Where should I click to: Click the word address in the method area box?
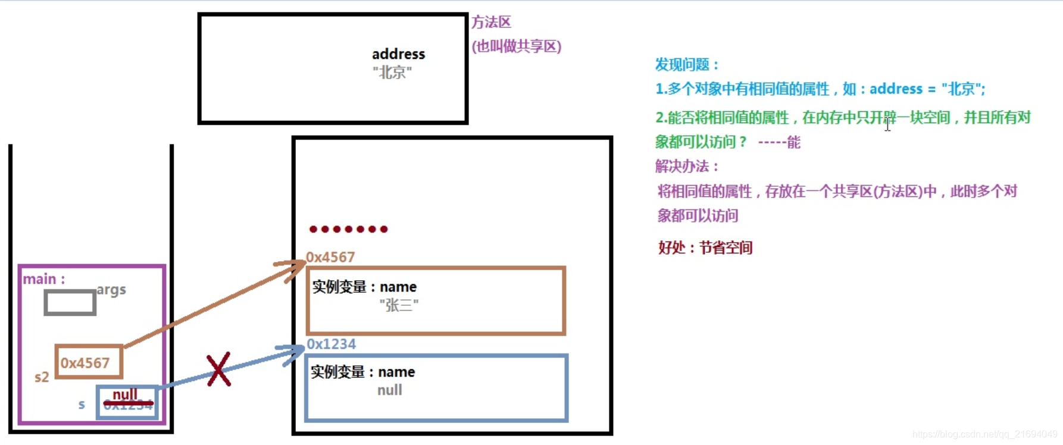pyautogui.click(x=398, y=54)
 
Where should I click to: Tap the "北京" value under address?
pyautogui.click(x=392, y=73)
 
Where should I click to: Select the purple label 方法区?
pyautogui.click(x=491, y=23)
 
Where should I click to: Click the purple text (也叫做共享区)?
pyautogui.click(x=516, y=46)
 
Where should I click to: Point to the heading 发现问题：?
pyautogui.click(x=687, y=64)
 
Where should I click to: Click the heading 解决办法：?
pyautogui.click(x=687, y=166)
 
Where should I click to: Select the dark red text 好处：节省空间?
pyautogui.click(x=705, y=247)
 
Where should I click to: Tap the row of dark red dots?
pyautogui.click(x=348, y=229)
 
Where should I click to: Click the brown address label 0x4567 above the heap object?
pyautogui.click(x=330, y=257)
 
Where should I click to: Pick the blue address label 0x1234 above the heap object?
pyautogui.click(x=331, y=344)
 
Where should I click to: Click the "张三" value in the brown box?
pyautogui.click(x=399, y=305)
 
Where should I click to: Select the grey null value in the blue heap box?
pyautogui.click(x=389, y=390)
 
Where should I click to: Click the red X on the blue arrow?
pyautogui.click(x=218, y=370)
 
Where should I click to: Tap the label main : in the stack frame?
pyautogui.click(x=43, y=279)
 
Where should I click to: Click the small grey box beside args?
pyautogui.click(x=70, y=303)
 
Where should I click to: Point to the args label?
pyautogui.click(x=111, y=290)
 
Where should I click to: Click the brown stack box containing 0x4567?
pyautogui.click(x=89, y=362)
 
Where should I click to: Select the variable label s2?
pyautogui.click(x=42, y=377)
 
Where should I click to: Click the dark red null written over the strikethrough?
pyautogui.click(x=125, y=394)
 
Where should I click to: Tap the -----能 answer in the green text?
pyautogui.click(x=779, y=142)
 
